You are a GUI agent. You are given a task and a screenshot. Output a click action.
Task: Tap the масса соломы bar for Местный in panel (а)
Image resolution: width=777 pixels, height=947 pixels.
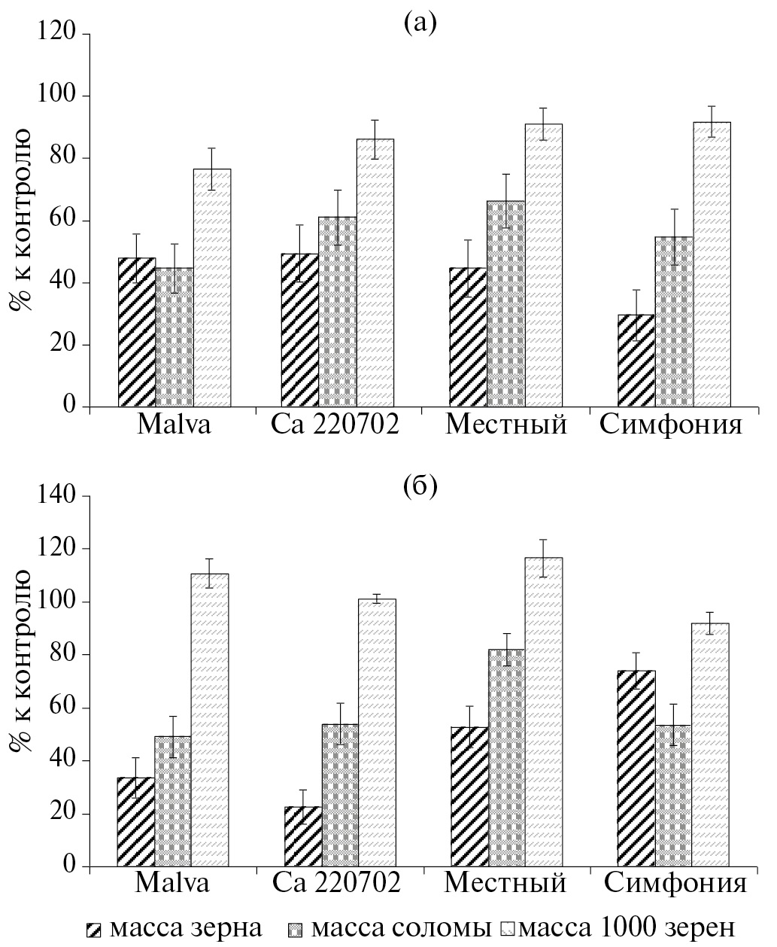point(505,304)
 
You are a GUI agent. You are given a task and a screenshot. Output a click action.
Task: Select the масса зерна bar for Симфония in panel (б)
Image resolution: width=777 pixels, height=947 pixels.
point(636,769)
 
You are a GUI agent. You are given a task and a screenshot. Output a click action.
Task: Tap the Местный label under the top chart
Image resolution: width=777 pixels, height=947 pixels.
point(505,426)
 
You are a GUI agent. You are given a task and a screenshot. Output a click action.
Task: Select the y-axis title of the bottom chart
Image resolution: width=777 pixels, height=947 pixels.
point(20,662)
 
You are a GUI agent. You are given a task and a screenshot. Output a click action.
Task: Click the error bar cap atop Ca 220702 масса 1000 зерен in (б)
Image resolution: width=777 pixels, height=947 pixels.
point(377,595)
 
